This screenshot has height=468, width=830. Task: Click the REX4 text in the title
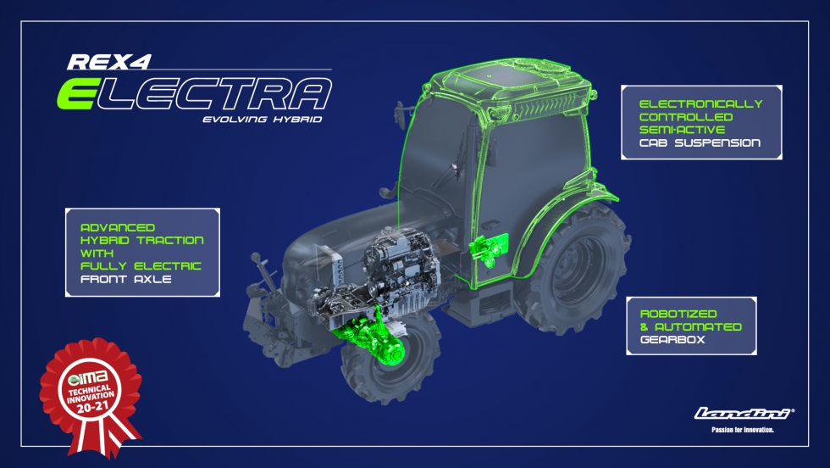coord(109,62)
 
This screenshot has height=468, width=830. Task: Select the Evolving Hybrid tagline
coord(263,120)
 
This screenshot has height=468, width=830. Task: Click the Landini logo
coord(744,414)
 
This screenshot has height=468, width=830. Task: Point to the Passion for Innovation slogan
coord(743,430)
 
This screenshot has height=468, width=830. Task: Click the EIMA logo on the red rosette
coord(88,378)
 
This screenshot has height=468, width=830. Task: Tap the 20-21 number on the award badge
coord(92,407)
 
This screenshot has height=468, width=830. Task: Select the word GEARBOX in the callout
coord(672,340)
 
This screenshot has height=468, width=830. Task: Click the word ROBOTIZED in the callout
coord(678,314)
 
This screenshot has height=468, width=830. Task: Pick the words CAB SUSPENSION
coord(700,142)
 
